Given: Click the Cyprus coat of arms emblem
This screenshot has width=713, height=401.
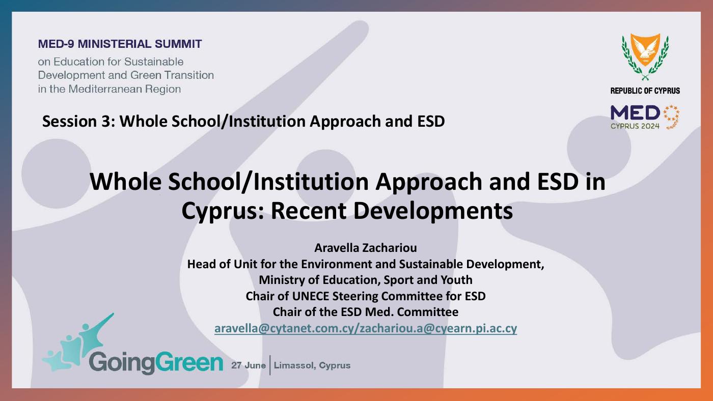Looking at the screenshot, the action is point(645,56).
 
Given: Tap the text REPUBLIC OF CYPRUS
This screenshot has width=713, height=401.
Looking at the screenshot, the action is point(645,91).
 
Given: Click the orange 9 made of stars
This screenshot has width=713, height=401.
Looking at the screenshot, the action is point(672,117).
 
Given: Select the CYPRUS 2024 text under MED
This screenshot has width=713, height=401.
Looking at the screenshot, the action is point(635,126).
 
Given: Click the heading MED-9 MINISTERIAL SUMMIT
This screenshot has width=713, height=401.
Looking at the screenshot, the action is point(120,44).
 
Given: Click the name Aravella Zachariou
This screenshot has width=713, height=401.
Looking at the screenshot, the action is point(366,248).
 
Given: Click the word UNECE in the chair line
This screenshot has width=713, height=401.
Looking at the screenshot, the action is point(310,296).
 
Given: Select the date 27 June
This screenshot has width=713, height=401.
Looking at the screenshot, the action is point(249,365).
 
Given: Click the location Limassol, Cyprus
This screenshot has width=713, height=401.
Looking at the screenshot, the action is point(312,365).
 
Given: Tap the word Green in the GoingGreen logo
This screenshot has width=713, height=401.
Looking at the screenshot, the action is point(189,362).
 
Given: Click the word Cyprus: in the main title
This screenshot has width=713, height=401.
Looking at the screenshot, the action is point(223,211).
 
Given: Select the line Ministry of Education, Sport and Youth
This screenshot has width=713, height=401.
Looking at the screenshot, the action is point(366,280).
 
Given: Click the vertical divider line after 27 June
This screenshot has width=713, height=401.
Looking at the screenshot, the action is point(270,365).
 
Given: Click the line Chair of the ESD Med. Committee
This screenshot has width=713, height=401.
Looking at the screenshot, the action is point(366,312).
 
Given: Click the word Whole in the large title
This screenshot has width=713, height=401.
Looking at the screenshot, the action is point(125,182).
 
